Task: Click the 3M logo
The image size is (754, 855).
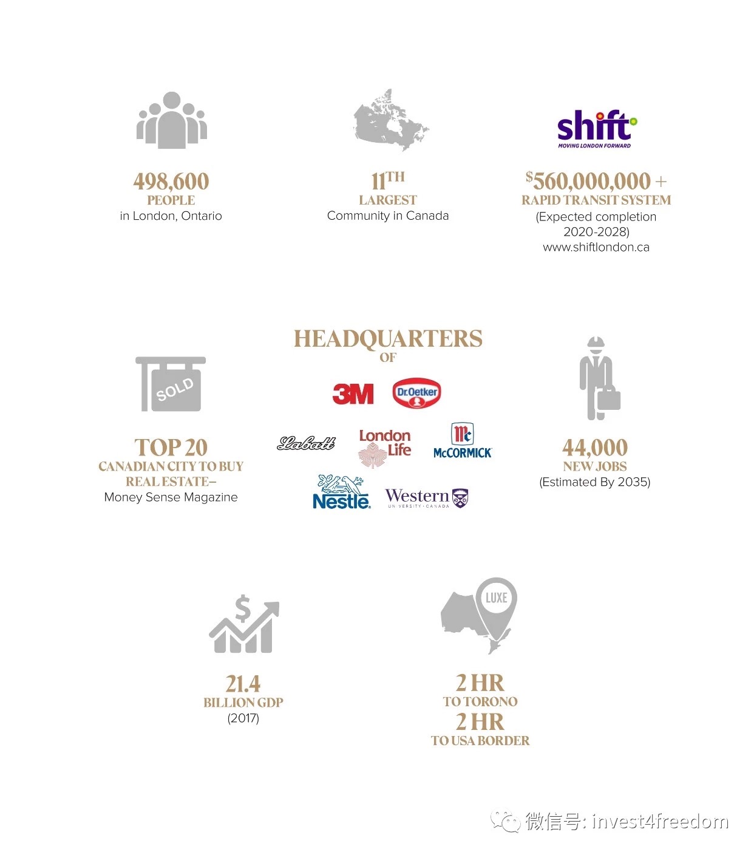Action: pos(353,394)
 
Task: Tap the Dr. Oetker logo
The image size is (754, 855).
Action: pos(416,393)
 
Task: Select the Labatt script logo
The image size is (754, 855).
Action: pos(306,444)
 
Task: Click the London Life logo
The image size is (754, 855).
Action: pos(385,447)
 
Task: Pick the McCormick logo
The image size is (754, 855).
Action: pos(463,441)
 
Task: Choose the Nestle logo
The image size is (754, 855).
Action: pos(341,492)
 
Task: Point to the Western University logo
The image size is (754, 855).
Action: pos(427,498)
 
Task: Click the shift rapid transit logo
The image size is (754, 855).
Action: pos(596,129)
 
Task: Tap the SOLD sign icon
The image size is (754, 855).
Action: pos(171,384)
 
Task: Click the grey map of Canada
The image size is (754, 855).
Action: pos(390,121)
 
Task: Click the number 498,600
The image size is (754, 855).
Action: pos(171,181)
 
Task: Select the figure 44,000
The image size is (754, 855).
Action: pos(595,448)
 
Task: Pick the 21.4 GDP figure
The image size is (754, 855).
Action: pos(243,684)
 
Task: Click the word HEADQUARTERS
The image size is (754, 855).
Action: pos(388,339)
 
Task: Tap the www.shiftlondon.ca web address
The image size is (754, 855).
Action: pos(596,247)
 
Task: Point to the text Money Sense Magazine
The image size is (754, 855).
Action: pos(171,497)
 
